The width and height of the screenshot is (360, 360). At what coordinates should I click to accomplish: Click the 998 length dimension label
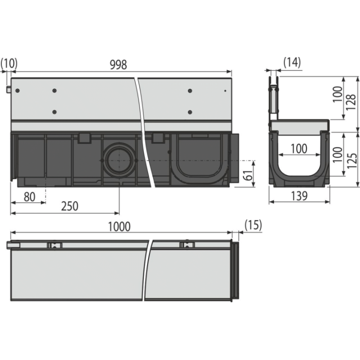[118, 64]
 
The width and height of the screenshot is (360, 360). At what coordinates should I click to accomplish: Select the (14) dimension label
[292, 62]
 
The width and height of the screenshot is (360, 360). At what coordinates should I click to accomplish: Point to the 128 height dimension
[351, 102]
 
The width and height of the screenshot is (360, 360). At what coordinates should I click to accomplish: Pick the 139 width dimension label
[299, 196]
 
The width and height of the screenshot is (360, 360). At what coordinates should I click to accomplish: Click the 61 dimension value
[248, 174]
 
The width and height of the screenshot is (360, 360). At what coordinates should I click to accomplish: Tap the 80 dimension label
[29, 197]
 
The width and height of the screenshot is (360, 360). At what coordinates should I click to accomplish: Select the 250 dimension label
[69, 206]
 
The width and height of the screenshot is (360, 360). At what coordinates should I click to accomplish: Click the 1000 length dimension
[119, 226]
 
